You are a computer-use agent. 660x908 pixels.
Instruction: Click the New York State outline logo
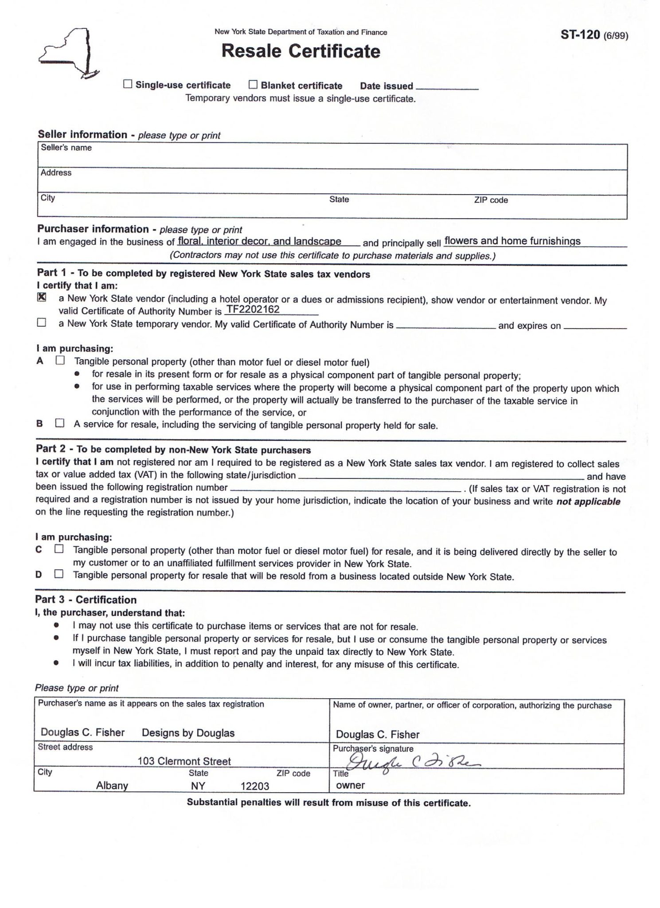(69, 54)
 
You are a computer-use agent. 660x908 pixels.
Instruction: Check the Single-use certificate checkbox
(128, 84)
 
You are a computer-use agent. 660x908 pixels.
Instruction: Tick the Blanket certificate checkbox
(253, 84)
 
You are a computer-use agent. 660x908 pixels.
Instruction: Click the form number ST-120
(580, 35)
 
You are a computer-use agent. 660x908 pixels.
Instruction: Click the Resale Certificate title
(301, 51)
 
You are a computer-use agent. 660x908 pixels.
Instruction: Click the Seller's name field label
(66, 148)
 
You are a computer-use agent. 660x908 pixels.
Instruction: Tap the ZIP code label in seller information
(491, 200)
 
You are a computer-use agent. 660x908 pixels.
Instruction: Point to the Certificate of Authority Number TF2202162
(253, 309)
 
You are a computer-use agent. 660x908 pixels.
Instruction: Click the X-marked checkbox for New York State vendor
(42, 297)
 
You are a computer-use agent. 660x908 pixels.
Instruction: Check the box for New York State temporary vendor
(42, 323)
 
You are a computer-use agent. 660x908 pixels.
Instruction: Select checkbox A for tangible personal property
(60, 360)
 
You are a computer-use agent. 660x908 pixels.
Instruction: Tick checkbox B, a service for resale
(59, 423)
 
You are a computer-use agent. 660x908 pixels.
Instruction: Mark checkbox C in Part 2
(59, 549)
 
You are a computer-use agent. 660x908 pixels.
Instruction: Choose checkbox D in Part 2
(59, 574)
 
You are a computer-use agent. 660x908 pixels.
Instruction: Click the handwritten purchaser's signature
(412, 762)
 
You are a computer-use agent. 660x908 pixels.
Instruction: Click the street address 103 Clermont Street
(184, 761)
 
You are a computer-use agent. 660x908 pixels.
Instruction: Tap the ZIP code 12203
(255, 786)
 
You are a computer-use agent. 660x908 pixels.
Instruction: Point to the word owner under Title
(350, 785)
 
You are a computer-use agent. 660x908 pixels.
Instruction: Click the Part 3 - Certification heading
(86, 599)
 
